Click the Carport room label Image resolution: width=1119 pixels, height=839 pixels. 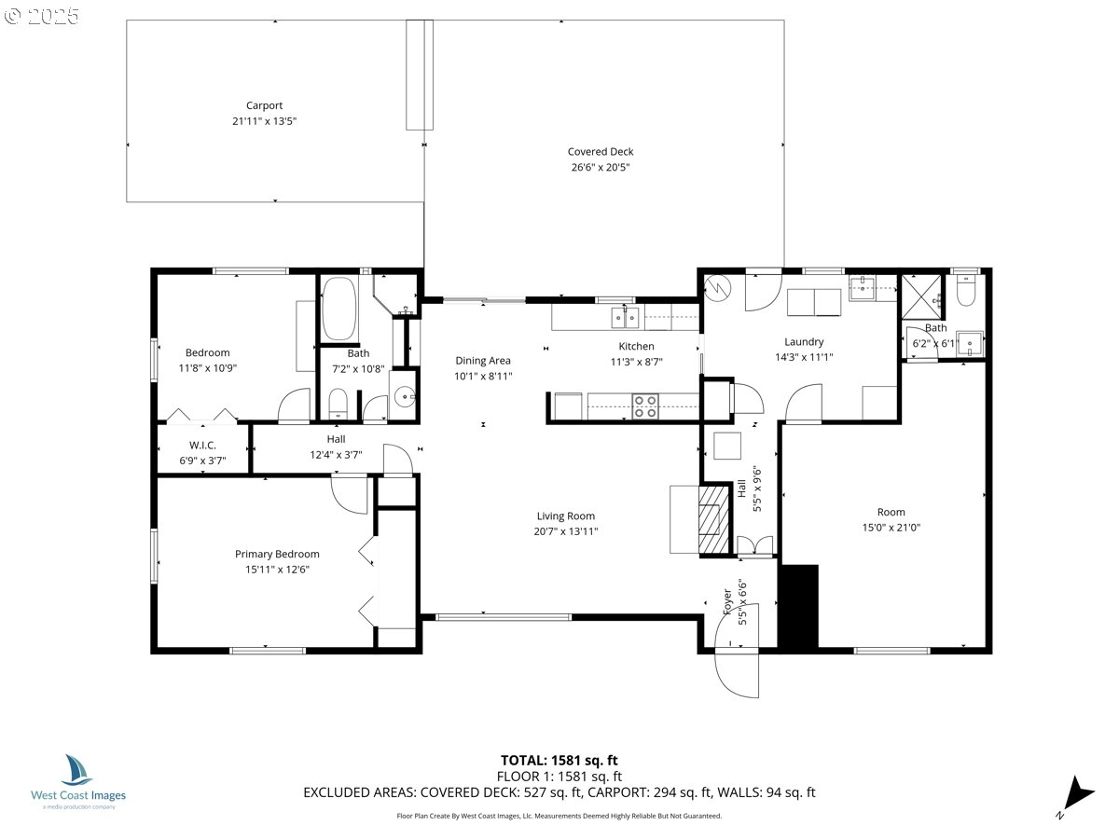click(x=264, y=105)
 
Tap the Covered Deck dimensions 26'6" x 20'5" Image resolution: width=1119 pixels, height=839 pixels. click(x=601, y=168)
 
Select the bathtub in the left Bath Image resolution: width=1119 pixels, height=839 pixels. click(x=339, y=309)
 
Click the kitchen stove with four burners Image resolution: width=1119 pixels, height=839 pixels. click(x=644, y=406)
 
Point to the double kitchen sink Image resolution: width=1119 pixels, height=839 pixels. click(x=626, y=318)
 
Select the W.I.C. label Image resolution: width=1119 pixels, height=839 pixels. click(x=202, y=445)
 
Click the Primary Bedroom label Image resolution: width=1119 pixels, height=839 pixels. click(x=277, y=554)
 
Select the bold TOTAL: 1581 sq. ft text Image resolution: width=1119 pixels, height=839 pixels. click(x=559, y=760)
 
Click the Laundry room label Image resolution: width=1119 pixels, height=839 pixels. click(x=804, y=341)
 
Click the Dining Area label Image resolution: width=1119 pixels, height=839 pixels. click(x=483, y=360)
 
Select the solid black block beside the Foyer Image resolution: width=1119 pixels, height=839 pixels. click(x=797, y=607)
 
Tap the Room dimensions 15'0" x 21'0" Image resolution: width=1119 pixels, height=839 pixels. click(x=891, y=528)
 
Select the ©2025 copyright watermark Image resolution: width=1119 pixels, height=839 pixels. click(x=44, y=16)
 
